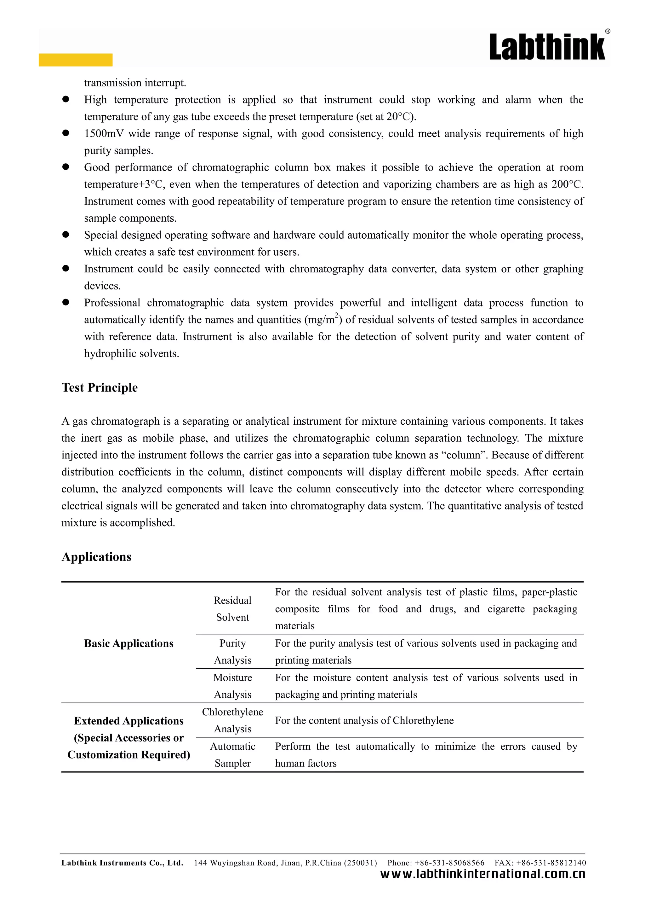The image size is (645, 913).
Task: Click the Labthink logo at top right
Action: point(548,47)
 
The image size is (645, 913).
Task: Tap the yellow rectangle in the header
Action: point(76,60)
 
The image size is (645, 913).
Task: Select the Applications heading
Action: point(96,557)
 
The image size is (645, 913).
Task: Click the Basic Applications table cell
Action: point(129,643)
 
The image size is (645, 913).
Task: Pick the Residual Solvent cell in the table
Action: point(232,609)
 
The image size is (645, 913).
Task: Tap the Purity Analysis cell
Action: point(232,651)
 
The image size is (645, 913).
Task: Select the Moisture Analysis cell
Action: point(232,686)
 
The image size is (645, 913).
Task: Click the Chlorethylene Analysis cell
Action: point(232,720)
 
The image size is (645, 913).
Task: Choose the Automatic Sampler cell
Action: point(232,755)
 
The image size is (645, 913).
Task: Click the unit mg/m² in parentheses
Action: point(323,320)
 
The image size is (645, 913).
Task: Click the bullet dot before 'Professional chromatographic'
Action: point(66,303)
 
